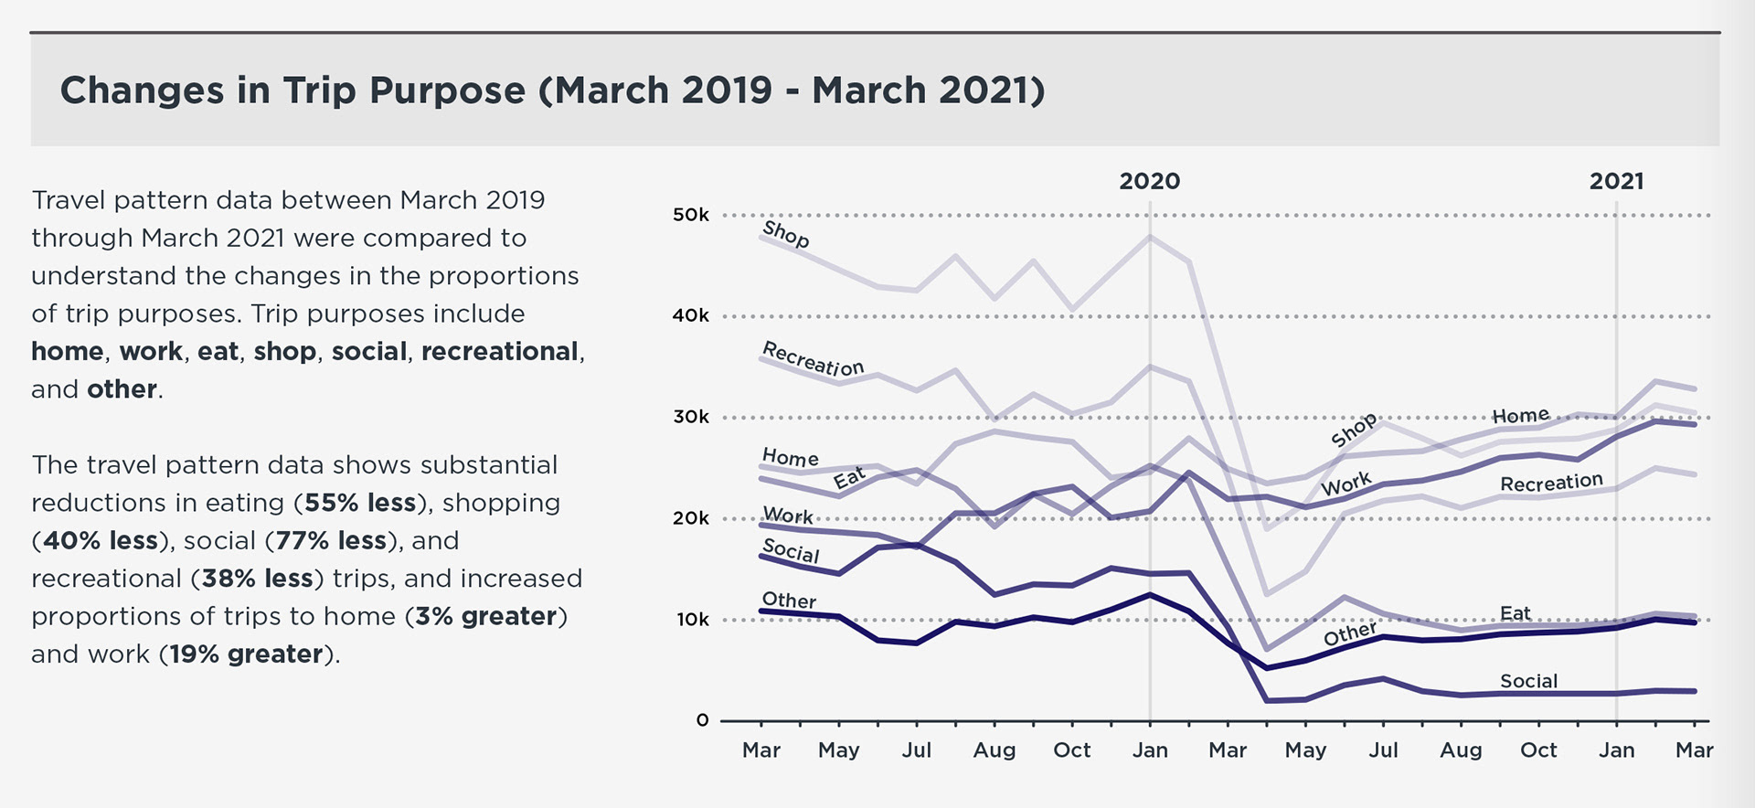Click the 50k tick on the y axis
pyautogui.click(x=691, y=216)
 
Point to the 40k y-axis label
pyautogui.click(x=691, y=316)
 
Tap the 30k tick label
pyautogui.click(x=691, y=418)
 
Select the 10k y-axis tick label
pyautogui.click(x=693, y=620)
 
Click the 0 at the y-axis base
pyautogui.click(x=702, y=720)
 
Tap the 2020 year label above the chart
pyautogui.click(x=1149, y=181)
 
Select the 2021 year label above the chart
pyautogui.click(x=1616, y=181)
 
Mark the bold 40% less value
pyautogui.click(x=101, y=541)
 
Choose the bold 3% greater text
pyautogui.click(x=485, y=616)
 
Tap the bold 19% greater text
pyautogui.click(x=246, y=654)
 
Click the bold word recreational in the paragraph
pyautogui.click(x=499, y=352)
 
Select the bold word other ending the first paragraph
pyautogui.click(x=122, y=389)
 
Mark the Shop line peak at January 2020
pyautogui.click(x=1150, y=237)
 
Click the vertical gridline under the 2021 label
pyautogui.click(x=1616, y=457)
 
